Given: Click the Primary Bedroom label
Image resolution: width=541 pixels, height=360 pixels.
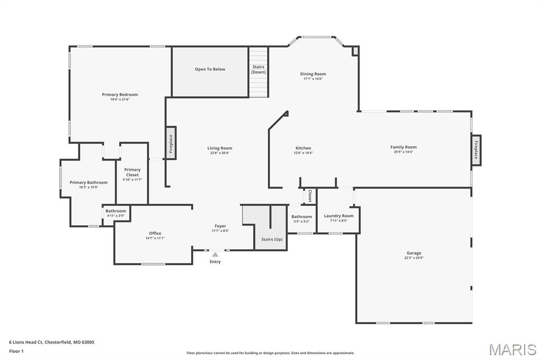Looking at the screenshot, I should (120, 95).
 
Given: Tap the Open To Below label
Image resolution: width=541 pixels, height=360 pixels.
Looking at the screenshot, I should (210, 69).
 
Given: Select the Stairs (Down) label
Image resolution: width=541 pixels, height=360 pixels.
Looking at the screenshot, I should (258, 70).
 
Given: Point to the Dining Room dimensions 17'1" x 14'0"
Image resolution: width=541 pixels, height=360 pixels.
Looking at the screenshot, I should (313, 79).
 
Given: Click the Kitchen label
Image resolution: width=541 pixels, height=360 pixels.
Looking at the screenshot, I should (303, 148).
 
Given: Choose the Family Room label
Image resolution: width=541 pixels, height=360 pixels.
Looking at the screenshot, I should (403, 147).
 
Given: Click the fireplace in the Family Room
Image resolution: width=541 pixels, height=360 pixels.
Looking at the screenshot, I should (476, 150).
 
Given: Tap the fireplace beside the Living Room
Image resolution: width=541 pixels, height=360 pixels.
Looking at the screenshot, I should (171, 143).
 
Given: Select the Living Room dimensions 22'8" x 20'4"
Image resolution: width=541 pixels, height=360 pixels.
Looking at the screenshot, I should (220, 153).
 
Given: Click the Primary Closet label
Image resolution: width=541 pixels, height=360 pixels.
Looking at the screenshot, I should (132, 172).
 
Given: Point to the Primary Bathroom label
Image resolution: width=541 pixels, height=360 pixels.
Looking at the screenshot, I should (88, 183).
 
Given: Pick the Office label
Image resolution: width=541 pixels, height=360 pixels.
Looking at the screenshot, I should (155, 233).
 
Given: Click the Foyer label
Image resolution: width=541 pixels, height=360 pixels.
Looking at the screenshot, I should (220, 226).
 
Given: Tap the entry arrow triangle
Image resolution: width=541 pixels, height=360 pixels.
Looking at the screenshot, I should (215, 254).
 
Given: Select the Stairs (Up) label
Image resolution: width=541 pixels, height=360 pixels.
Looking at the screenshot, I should (272, 239).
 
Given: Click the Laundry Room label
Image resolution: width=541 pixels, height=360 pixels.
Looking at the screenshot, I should (339, 216).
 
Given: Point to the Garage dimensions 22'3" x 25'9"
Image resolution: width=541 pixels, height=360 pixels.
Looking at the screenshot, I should (414, 258).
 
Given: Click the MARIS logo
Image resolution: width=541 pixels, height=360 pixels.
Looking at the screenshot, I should (512, 349).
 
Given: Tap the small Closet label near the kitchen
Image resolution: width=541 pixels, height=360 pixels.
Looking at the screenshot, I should (310, 196).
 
